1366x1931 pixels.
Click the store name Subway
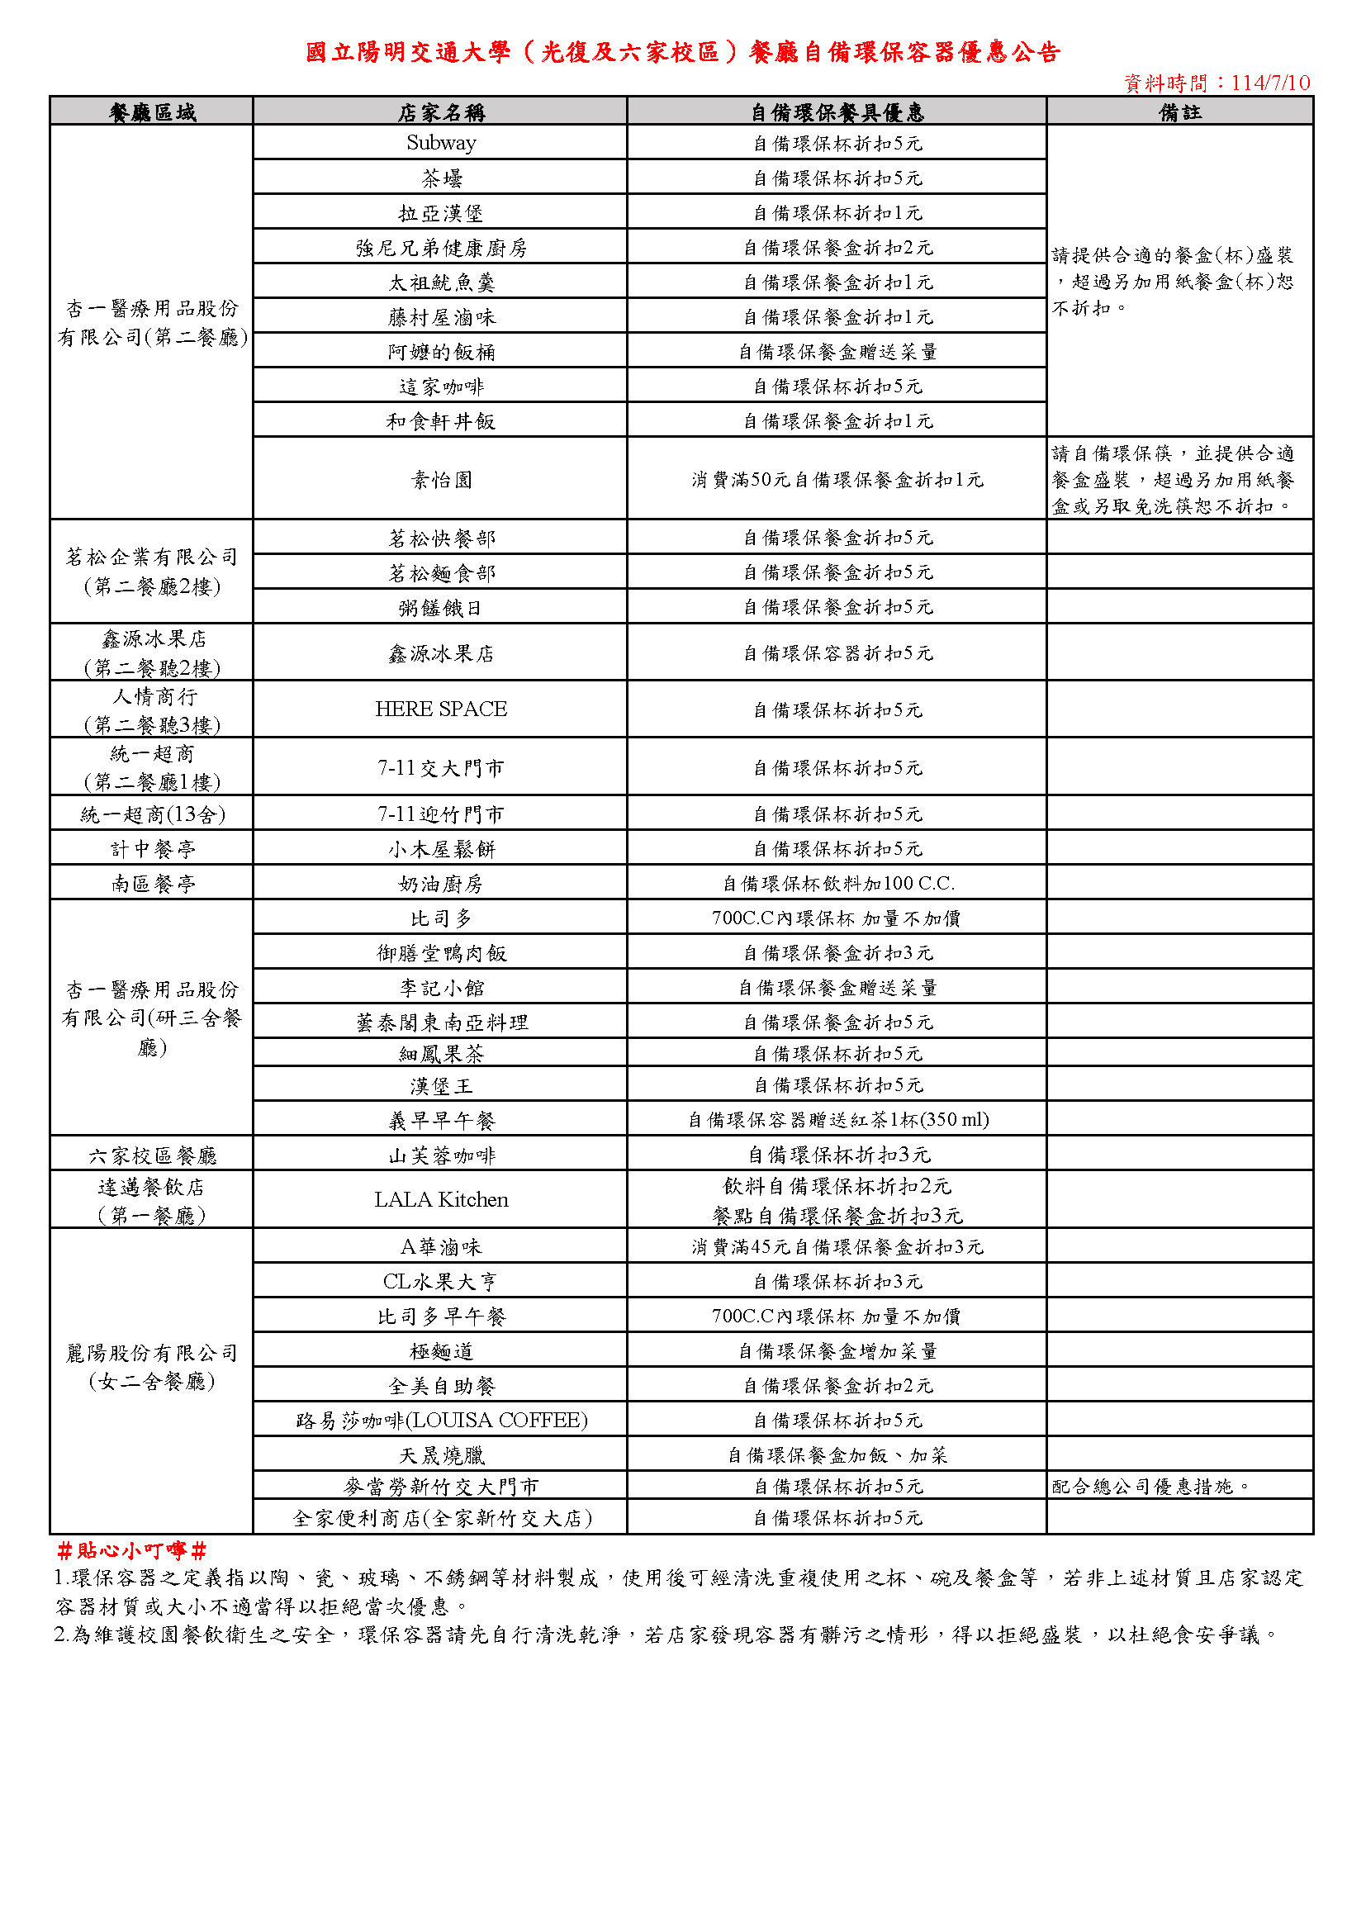[x=441, y=143]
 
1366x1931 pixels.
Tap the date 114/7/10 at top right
[x=1269, y=83]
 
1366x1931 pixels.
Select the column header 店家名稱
[x=441, y=111]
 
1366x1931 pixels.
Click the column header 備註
[x=1179, y=111]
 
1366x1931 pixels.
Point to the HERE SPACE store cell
[x=441, y=709]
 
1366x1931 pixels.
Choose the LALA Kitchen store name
[x=441, y=1199]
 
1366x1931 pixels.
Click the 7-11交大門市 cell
[x=441, y=768]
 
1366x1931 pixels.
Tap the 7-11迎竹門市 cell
[x=441, y=814]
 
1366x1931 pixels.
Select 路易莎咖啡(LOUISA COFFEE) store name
[x=441, y=1421]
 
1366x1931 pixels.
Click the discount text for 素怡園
[x=837, y=479]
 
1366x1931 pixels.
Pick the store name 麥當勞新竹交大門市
[x=441, y=1487]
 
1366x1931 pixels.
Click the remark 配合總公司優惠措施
[x=1150, y=1487]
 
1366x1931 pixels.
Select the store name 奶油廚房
[x=441, y=884]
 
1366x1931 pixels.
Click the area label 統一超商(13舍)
[x=152, y=814]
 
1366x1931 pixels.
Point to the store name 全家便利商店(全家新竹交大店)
[x=441, y=1518]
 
